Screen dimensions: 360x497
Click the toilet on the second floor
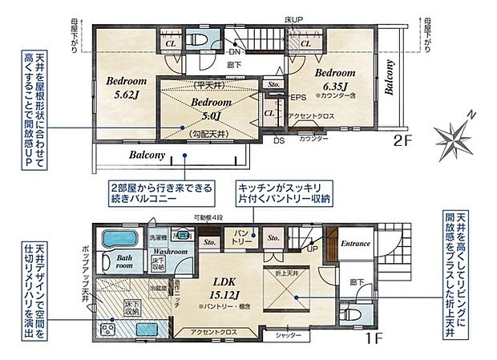pyautogui.click(x=196, y=39)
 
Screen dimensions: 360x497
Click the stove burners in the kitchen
pyautogui.click(x=106, y=330)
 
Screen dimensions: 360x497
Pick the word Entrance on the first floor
pyautogui.click(x=354, y=244)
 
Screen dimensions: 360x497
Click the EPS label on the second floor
pyautogui.click(x=298, y=99)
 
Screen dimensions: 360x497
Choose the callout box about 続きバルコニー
pyautogui.click(x=163, y=193)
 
